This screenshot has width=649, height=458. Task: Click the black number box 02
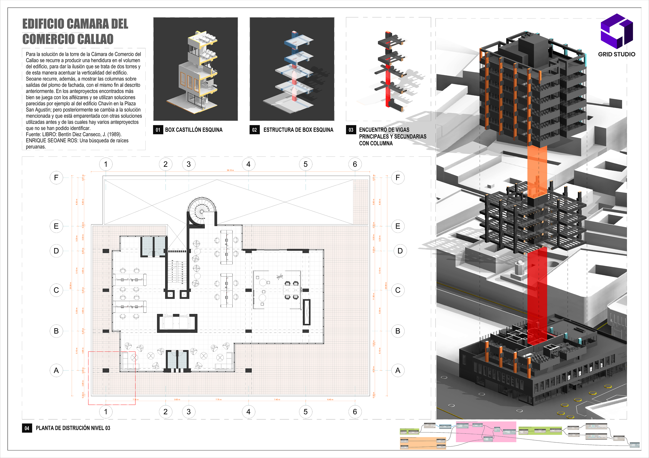254,130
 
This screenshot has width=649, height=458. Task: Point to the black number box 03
351,130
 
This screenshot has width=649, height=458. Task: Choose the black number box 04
27,428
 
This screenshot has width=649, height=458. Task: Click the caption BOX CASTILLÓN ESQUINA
194,130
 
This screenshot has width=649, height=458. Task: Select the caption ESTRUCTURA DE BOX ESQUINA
298,130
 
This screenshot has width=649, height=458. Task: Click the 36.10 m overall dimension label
230,170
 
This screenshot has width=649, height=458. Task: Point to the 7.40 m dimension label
277,400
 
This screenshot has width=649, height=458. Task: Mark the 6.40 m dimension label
330,400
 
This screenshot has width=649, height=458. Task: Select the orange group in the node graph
423,443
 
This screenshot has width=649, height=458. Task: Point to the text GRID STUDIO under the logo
617,54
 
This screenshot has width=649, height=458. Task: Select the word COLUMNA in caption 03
376,143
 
